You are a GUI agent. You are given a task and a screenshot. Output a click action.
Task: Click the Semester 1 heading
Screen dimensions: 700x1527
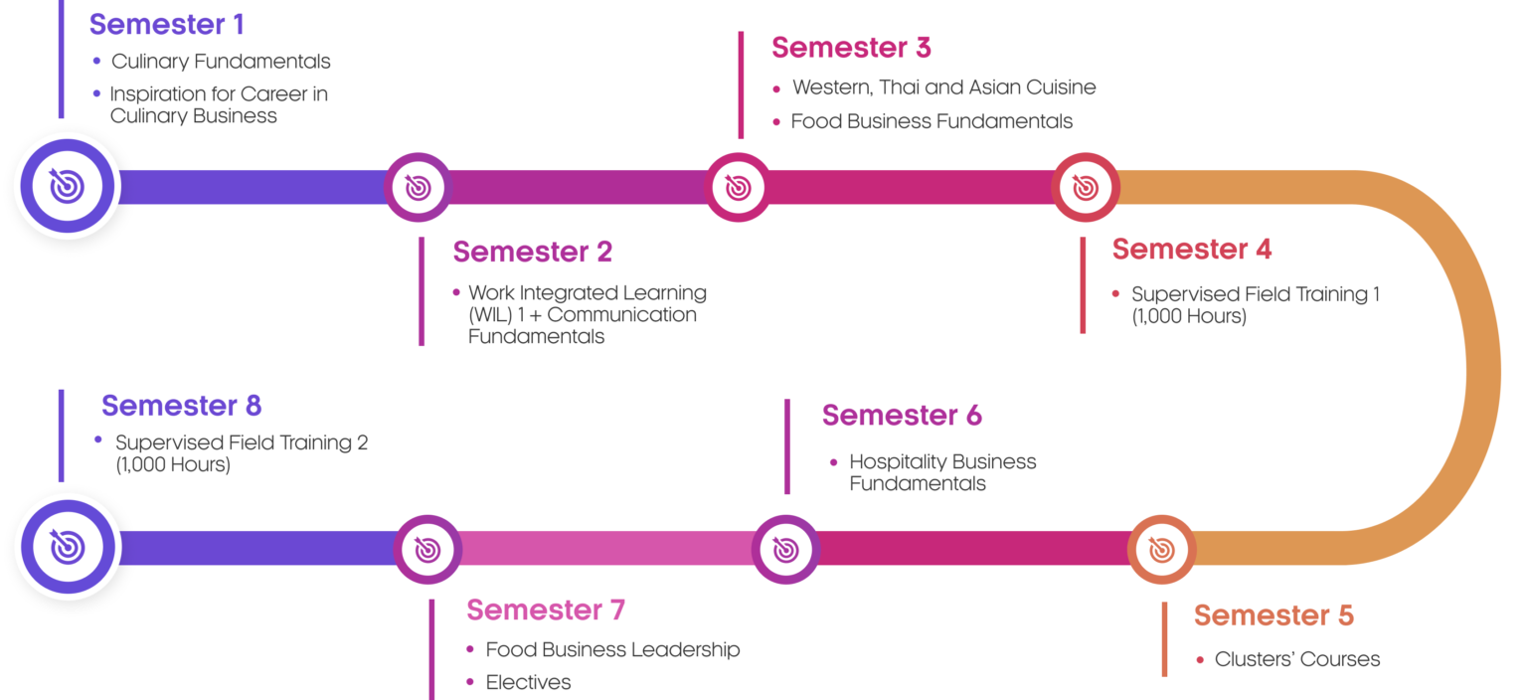(x=166, y=24)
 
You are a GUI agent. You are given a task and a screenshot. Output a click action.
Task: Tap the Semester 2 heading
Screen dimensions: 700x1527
(x=532, y=252)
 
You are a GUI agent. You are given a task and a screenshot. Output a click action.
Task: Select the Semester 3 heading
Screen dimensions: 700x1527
(x=851, y=47)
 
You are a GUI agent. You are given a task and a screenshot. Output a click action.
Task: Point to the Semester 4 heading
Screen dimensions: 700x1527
(x=1191, y=249)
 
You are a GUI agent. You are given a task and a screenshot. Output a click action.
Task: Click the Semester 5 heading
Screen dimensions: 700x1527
(x=1272, y=615)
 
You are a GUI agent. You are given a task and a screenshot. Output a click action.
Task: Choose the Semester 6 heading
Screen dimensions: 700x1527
(x=902, y=416)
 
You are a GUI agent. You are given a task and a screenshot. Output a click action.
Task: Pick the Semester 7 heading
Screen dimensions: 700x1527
(x=545, y=610)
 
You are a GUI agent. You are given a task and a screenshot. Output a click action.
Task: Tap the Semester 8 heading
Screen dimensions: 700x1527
(x=181, y=406)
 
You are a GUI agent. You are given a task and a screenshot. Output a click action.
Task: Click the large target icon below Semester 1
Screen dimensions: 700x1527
(x=67, y=186)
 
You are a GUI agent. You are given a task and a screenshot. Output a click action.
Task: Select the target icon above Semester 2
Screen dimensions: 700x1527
(x=418, y=187)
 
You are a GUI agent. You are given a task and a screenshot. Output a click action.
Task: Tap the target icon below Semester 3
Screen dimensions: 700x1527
(x=738, y=187)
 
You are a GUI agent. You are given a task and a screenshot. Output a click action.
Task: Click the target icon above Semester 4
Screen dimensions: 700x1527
(x=1086, y=187)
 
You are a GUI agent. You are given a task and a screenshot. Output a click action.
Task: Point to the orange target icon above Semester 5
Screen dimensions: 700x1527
(x=1160, y=549)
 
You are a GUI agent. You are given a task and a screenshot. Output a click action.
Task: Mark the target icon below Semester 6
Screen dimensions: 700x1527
(x=784, y=549)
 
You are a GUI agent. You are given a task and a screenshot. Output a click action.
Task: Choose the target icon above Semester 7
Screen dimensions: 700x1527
(x=427, y=549)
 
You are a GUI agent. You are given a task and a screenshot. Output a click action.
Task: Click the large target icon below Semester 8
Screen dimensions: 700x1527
(x=67, y=547)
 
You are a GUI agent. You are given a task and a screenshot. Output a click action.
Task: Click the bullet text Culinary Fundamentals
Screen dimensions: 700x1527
(x=221, y=62)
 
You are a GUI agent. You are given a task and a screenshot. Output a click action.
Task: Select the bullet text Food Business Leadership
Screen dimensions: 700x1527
(x=612, y=650)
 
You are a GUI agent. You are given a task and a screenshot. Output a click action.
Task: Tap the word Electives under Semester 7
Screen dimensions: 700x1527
(x=528, y=683)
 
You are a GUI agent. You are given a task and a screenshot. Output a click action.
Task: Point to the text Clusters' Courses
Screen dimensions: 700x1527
(x=1296, y=659)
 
